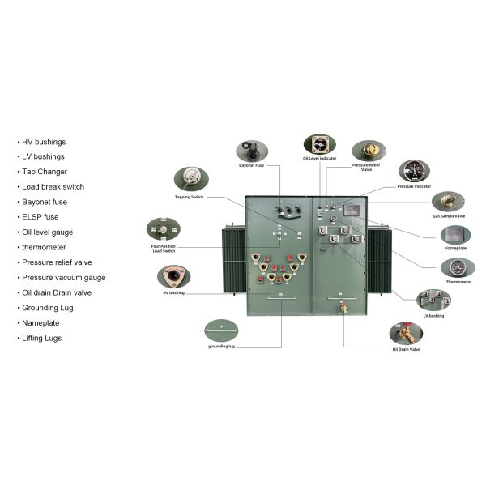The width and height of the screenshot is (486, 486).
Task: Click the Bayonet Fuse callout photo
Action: pyautogui.click(x=252, y=151)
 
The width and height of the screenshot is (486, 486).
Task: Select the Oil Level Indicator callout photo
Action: pyautogui.click(x=319, y=144)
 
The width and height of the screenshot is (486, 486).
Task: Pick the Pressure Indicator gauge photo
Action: pyautogui.click(x=414, y=171)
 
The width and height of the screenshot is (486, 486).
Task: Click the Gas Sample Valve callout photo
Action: pyautogui.click(x=447, y=202)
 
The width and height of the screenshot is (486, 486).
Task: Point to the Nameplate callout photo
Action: pyautogui.click(x=455, y=235)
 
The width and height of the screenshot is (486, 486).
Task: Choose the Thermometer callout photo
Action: pyautogui.click(x=458, y=267)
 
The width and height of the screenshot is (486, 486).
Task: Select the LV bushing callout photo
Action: pyautogui.click(x=433, y=300)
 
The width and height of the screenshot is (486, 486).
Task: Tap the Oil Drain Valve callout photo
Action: pyautogui.click(x=406, y=333)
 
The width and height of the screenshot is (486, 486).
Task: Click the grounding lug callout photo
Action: pyautogui.click(x=221, y=330)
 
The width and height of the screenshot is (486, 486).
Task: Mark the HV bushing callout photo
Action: pyautogui.click(x=173, y=277)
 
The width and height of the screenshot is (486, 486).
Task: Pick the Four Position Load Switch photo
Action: pyautogui.click(x=163, y=230)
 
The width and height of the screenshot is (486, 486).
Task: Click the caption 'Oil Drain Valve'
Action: pyautogui.click(x=407, y=350)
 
